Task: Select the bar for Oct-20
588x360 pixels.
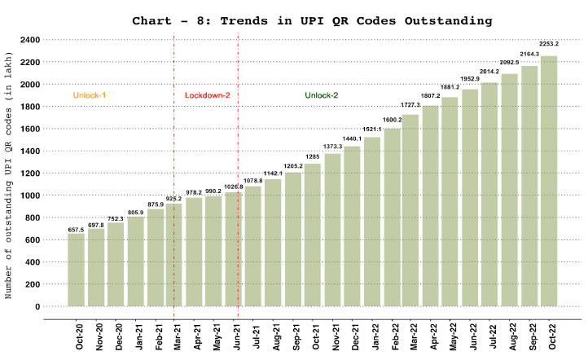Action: coord(77,270)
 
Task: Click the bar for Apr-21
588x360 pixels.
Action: coord(195,252)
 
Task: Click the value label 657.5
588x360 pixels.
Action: coord(77,229)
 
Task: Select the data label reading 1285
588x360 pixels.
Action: coord(313,156)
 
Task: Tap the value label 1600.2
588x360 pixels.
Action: coord(392,120)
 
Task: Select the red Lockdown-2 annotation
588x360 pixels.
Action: coord(208,95)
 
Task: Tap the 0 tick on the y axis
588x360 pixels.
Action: coord(37,306)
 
